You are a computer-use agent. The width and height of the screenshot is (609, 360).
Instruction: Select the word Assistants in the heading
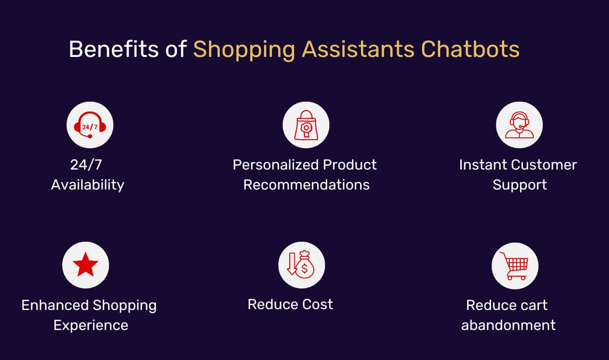pos(358,49)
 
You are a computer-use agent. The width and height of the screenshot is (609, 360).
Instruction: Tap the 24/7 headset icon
pos(90,125)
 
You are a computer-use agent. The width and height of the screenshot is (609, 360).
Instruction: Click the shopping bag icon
pos(306,125)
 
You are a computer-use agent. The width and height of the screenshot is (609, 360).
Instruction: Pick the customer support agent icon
pos(519,125)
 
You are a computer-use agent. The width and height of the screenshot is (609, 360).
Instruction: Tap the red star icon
pos(85,265)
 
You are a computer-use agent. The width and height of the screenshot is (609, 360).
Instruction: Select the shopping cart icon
pos(515,266)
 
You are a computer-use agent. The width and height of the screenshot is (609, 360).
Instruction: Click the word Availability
pos(87,185)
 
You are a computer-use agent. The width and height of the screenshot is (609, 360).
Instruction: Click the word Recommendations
pos(306,185)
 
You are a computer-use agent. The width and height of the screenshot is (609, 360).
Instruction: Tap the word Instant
pos(483,165)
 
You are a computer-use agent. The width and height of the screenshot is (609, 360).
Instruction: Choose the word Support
pos(519,185)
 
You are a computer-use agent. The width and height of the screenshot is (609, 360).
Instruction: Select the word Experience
pos(90,325)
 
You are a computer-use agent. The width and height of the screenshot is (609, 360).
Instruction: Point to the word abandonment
pos(508,325)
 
